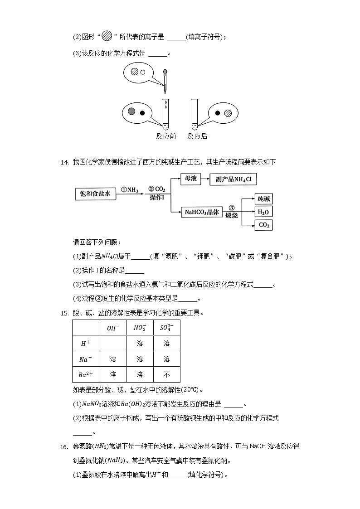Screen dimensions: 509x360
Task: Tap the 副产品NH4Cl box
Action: pyautogui.click(x=234, y=179)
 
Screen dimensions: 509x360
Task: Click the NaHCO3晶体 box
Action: pyautogui.click(x=202, y=212)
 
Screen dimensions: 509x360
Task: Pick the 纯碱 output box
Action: pyautogui.click(x=263, y=199)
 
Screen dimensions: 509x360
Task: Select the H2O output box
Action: pyautogui.click(x=263, y=212)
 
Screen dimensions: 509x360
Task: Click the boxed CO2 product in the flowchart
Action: pyautogui.click(x=263, y=225)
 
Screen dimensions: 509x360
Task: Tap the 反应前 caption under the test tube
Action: pyautogui.click(x=165, y=136)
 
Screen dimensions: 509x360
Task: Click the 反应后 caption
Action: pyautogui.click(x=197, y=136)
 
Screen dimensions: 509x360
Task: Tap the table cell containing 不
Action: pyautogui.click(x=166, y=374)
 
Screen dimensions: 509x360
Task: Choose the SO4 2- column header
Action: pyautogui.click(x=166, y=328)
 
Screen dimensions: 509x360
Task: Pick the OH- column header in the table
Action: pyautogui.click(x=113, y=328)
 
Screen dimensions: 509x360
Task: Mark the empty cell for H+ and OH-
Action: pyautogui.click(x=113, y=344)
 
